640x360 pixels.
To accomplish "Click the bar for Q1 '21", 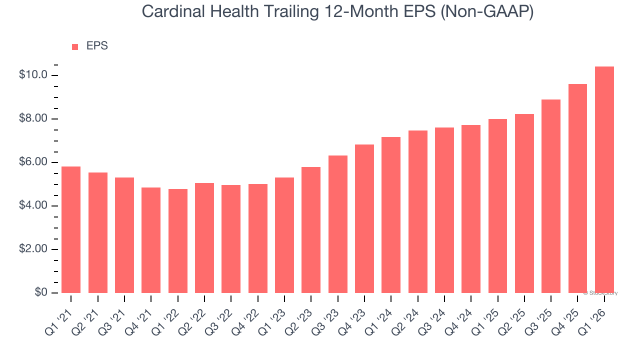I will click(71, 229).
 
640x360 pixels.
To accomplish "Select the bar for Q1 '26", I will click(604, 179).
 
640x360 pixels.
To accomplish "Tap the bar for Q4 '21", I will click(151, 240).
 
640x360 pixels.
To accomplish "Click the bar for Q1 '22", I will click(177, 240).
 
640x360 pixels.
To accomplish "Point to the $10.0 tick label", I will click(33, 75).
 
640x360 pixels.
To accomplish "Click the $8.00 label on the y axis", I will click(33, 119).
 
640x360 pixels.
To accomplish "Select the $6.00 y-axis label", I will click(33, 162).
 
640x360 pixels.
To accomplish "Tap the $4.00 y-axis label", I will click(33, 206).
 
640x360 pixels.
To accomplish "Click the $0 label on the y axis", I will click(41, 293).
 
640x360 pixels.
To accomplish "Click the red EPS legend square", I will click(75, 47).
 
